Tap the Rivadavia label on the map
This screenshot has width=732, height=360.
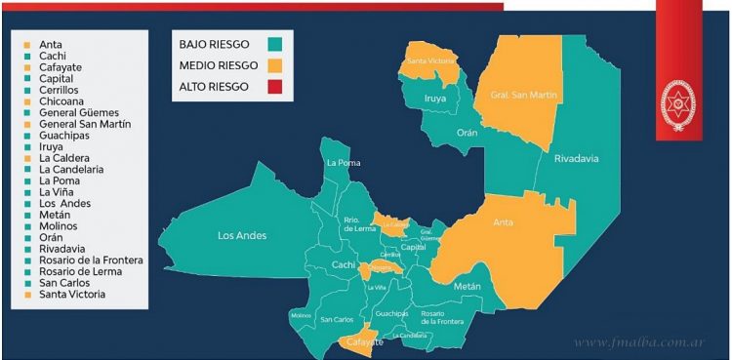click(576, 159)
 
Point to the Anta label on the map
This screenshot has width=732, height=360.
click(504, 222)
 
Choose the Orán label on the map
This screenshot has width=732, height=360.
click(468, 133)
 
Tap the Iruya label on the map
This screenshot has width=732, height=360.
click(435, 99)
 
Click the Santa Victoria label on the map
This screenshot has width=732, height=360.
click(428, 61)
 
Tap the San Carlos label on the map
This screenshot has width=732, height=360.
click(337, 319)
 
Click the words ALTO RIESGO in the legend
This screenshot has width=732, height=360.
click(215, 87)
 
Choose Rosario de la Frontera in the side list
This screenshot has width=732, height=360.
click(91, 260)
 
